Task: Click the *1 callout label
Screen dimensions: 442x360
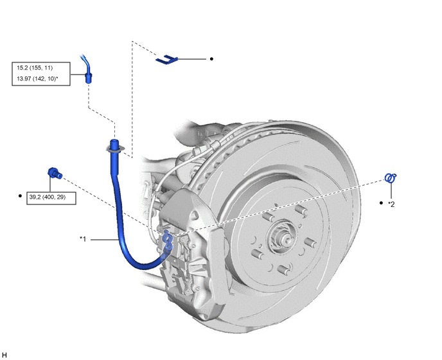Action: [x=83, y=239]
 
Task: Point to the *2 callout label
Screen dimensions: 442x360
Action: [x=391, y=204]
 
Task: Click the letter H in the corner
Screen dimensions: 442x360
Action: [x=4, y=355]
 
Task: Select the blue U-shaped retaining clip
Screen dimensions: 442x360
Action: [x=166, y=60]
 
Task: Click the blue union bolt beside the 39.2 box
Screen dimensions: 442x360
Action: [x=55, y=173]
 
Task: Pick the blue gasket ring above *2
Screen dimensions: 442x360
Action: [x=391, y=178]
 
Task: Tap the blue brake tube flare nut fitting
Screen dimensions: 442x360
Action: [x=88, y=77]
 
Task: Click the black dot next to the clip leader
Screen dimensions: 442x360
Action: [x=211, y=59]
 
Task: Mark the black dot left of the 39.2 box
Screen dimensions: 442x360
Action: [x=20, y=195]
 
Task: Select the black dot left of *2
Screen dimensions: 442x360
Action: [x=381, y=203]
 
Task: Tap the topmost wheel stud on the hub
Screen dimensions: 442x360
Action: [x=301, y=210]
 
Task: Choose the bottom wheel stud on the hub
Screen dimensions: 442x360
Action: [x=283, y=269]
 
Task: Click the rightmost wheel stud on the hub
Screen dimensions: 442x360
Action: [x=310, y=242]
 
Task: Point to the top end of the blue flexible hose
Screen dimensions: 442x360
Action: [x=114, y=140]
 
